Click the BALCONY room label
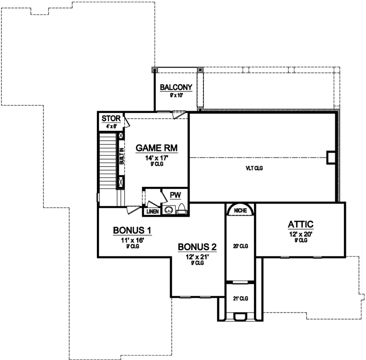pyautogui.click(x=176, y=87)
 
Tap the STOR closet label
pyautogui.click(x=111, y=119)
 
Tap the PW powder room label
pyautogui.click(x=175, y=195)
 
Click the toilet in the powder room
pyautogui.click(x=182, y=211)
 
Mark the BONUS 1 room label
pyautogui.click(x=132, y=230)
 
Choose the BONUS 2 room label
pyautogui.click(x=197, y=247)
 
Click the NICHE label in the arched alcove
pyautogui.click(x=240, y=210)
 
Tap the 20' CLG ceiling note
pyautogui.click(x=240, y=246)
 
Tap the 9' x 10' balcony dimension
pyautogui.click(x=176, y=95)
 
